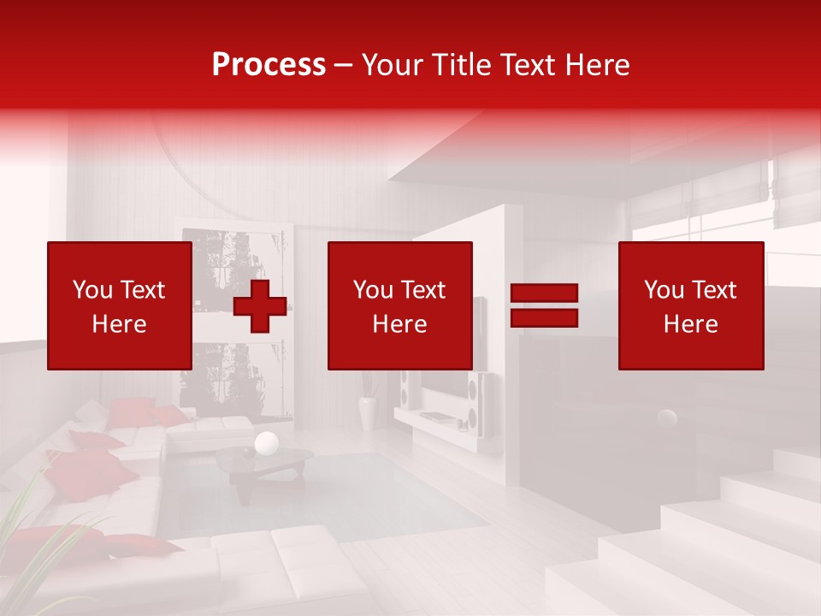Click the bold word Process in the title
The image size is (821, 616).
coord(269,64)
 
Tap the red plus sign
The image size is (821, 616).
coord(259,306)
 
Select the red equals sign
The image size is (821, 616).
coord(544,305)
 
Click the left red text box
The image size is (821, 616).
coord(119,305)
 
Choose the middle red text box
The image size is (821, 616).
coord(399,305)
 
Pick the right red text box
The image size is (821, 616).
coord(690,305)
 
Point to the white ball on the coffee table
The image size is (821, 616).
coord(267,442)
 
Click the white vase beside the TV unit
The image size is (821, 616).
coord(368,412)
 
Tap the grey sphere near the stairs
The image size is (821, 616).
coord(666,418)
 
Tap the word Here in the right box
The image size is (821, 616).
coord(690,324)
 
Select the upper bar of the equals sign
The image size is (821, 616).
coord(544,294)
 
